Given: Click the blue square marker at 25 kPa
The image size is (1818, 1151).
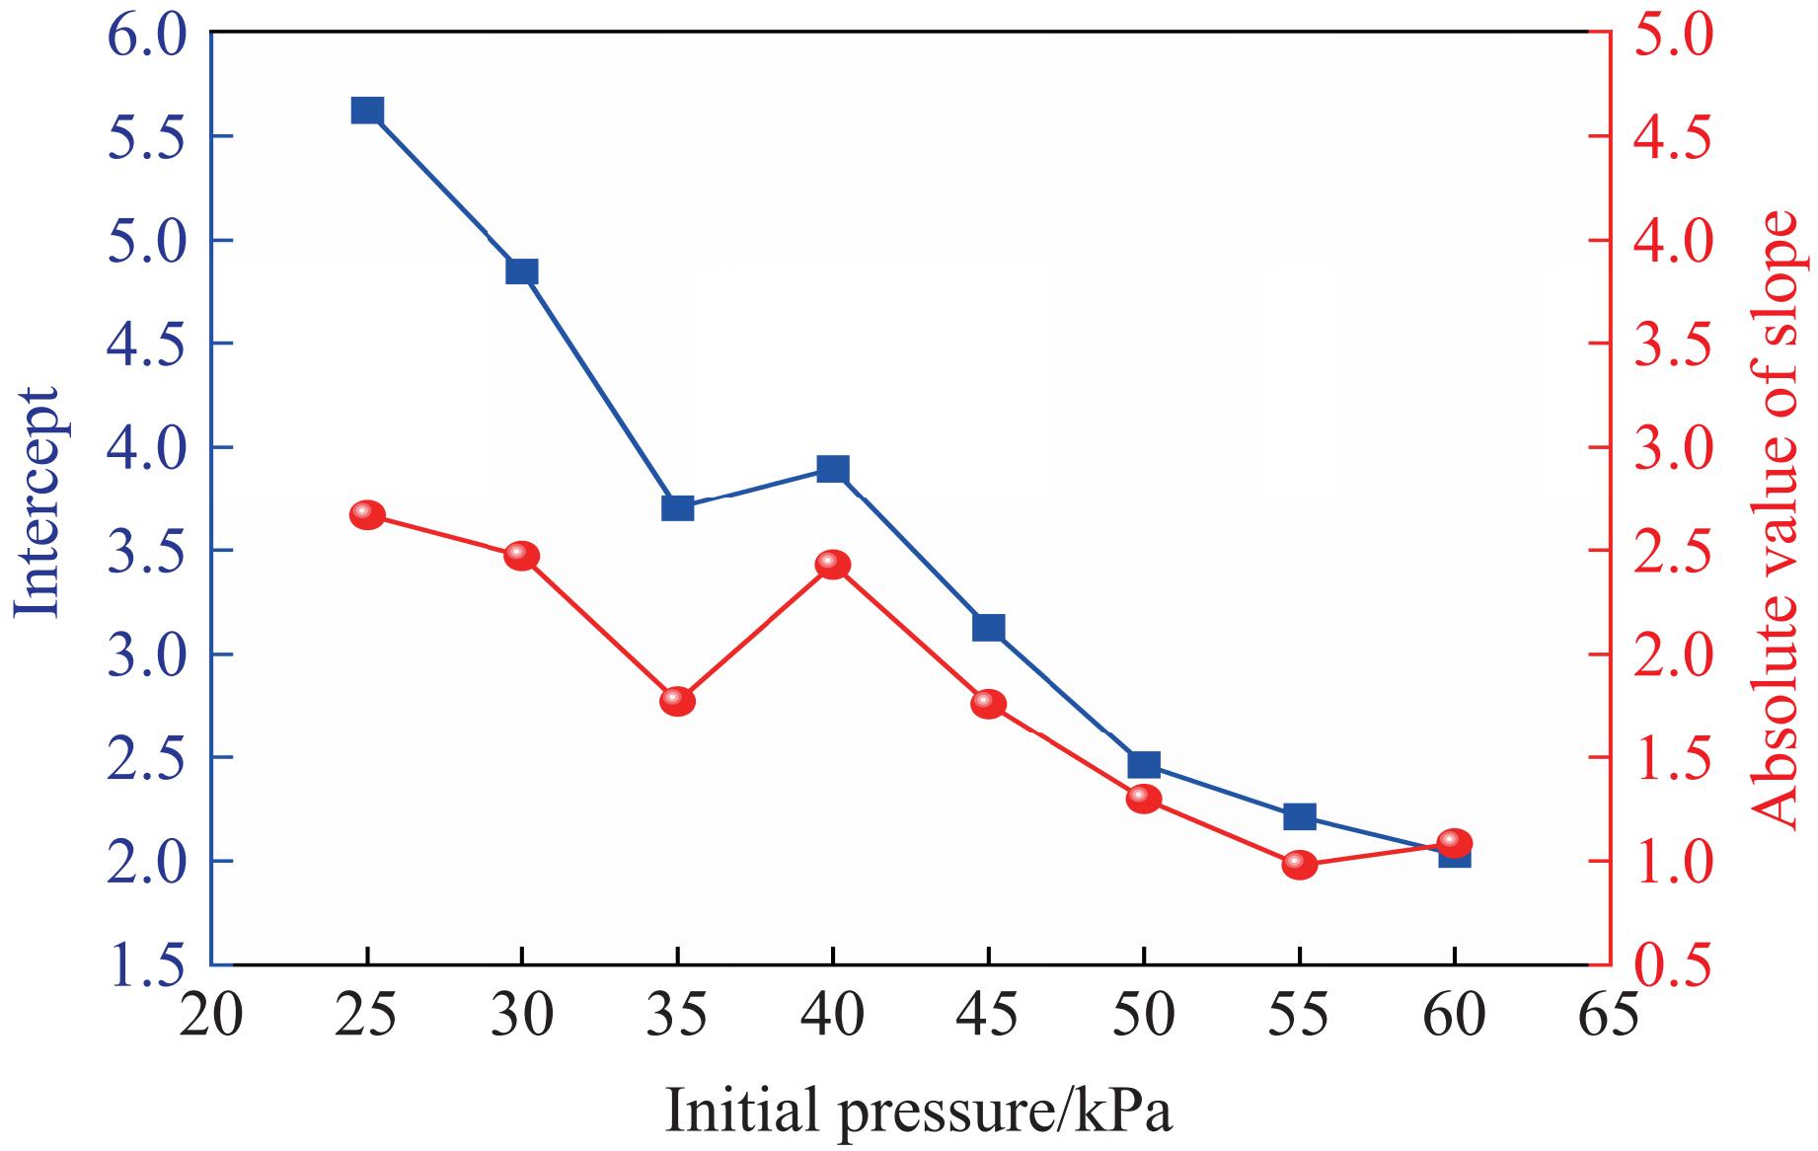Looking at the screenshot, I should (367, 110).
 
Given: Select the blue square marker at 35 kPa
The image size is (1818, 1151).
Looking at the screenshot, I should (678, 508).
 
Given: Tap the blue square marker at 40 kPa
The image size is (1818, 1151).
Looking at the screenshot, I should (833, 469).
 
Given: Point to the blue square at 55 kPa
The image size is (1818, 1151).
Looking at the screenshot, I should (1300, 816).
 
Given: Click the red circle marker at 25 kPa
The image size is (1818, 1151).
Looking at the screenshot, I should (367, 514).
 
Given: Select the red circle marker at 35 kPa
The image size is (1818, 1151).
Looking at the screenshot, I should (678, 701).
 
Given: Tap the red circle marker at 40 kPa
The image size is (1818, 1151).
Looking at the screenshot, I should (833, 565).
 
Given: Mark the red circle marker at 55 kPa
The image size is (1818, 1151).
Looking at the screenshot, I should (1300, 865).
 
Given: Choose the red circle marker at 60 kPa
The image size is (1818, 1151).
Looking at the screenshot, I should (1455, 843).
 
